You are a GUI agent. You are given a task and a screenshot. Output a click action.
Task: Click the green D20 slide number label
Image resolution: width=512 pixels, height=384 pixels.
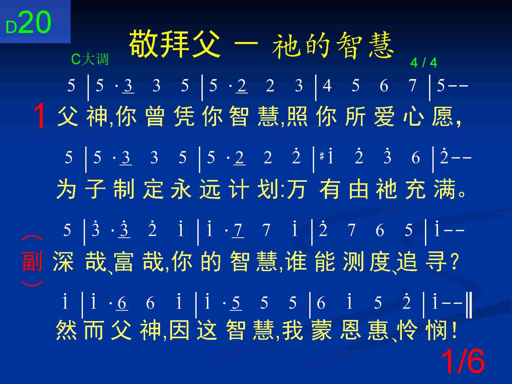(28, 23)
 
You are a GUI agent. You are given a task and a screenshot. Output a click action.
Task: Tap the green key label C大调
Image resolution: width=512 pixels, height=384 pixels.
(90, 59)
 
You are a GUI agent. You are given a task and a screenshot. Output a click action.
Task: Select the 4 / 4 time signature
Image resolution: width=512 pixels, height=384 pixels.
(424, 62)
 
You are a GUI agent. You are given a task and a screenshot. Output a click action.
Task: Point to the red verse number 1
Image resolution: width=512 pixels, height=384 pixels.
(40, 116)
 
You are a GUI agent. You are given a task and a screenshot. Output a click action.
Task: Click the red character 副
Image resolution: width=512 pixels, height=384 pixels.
(32, 261)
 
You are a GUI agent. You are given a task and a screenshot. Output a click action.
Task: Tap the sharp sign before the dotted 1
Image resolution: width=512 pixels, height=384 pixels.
(322, 156)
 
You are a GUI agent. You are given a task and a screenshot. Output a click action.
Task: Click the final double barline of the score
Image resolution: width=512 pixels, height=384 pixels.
(469, 306)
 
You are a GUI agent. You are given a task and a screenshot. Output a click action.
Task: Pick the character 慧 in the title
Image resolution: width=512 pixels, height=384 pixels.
(381, 45)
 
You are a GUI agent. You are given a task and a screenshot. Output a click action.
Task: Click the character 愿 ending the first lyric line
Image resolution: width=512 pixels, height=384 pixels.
(442, 116)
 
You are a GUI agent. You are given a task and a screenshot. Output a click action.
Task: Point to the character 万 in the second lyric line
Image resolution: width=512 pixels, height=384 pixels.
(297, 189)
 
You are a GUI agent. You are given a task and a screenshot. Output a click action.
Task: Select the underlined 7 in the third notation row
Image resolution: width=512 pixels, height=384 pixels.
(238, 230)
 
